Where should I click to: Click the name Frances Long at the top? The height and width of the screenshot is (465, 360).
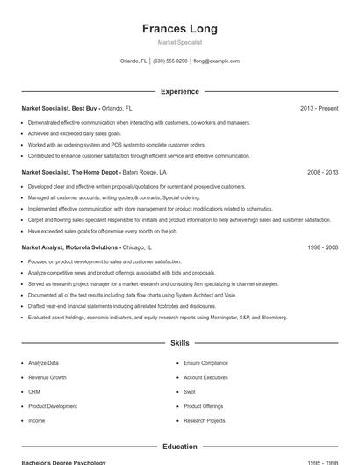tap(179, 28)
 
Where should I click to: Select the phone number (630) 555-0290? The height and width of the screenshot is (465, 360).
tap(170, 61)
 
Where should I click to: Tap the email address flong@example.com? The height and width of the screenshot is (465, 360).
tap(216, 61)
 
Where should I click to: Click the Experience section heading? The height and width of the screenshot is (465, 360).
tap(179, 91)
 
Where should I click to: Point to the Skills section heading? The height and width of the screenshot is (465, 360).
tap(179, 343)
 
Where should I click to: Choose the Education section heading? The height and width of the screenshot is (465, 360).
tap(179, 447)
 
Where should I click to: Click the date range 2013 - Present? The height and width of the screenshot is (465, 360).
tap(319, 108)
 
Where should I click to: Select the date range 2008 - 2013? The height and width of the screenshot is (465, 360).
tap(322, 173)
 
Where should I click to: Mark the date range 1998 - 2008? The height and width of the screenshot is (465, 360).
tap(322, 247)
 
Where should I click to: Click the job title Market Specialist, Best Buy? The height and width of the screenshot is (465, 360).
tap(60, 108)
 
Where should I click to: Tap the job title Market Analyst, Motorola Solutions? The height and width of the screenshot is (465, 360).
tap(69, 247)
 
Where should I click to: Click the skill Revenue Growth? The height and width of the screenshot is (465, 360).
tap(47, 377)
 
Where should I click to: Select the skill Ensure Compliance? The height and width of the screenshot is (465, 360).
tap(205, 362)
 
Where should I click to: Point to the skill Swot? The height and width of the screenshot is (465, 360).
tap(190, 391)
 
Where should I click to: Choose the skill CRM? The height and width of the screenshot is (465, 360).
tap(34, 391)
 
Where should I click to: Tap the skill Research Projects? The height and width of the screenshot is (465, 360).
tap(205, 420)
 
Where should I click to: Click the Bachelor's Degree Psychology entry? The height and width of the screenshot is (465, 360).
tap(63, 462)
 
